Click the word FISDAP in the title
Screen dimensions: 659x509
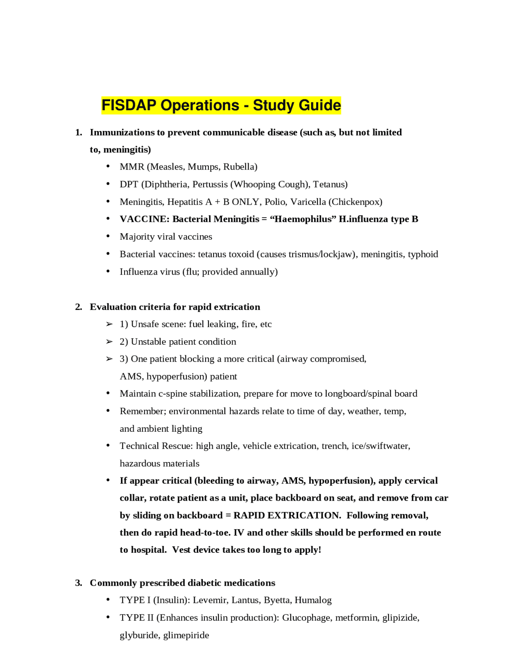(x=129, y=105)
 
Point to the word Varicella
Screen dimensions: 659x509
(x=308, y=202)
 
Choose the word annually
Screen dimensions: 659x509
(x=258, y=272)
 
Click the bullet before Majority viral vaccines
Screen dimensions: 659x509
(x=108, y=236)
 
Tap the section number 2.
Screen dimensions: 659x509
(x=78, y=307)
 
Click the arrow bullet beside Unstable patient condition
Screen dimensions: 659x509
(x=109, y=342)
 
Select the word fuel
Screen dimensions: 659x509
(x=196, y=324)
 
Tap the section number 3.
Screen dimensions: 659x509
(x=78, y=583)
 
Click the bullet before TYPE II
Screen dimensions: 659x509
(x=108, y=617)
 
